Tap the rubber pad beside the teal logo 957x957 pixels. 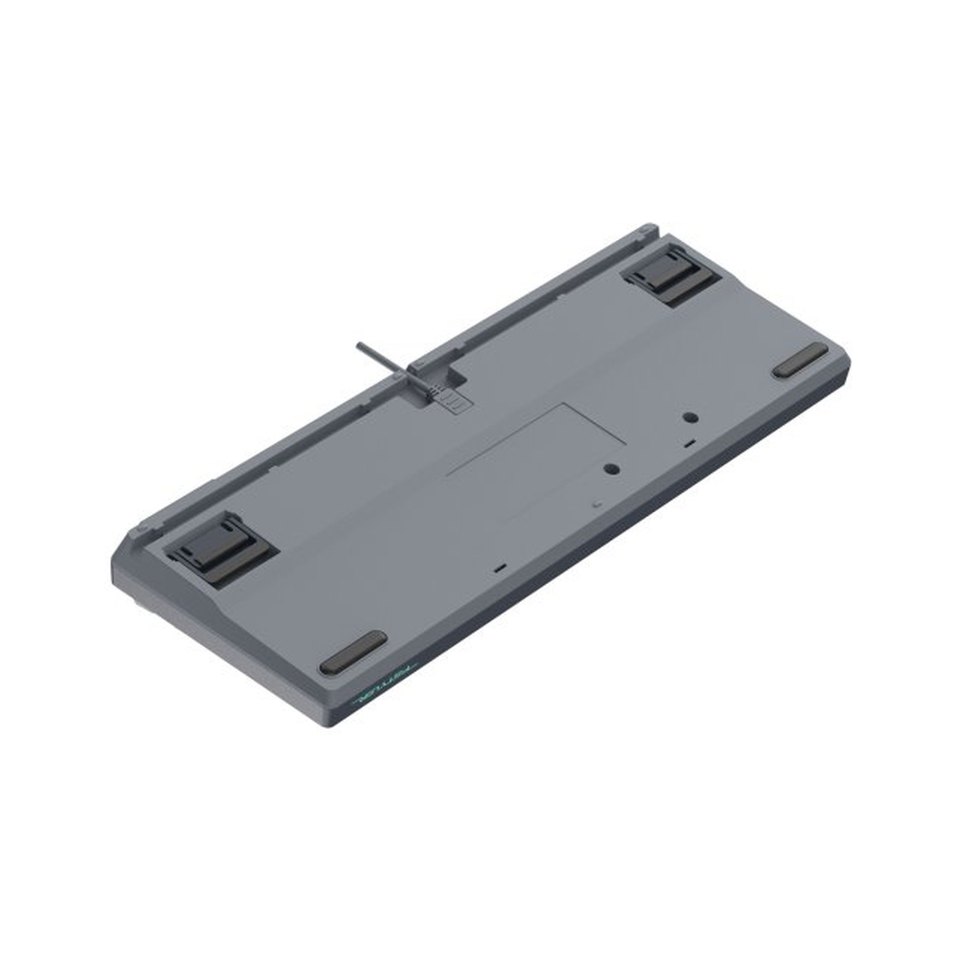(x=352, y=651)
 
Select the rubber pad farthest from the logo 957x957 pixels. (x=800, y=360)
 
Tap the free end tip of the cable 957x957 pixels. (x=358, y=346)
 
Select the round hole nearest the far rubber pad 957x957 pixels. (x=690, y=417)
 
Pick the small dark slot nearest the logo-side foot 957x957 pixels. (x=501, y=567)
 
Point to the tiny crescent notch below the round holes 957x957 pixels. (x=595, y=503)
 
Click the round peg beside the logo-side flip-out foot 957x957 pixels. (x=141, y=529)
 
